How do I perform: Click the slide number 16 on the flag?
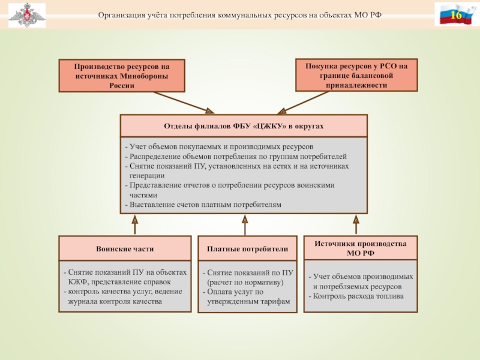(x=456, y=14)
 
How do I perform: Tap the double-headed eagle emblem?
(x=24, y=15)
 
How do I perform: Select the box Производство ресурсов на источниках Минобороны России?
(x=122, y=76)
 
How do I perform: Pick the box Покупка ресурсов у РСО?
(x=356, y=76)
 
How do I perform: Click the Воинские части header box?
(x=125, y=248)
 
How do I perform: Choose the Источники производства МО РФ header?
(x=361, y=248)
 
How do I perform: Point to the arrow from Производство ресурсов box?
(x=180, y=102)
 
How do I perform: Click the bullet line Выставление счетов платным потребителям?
(x=203, y=205)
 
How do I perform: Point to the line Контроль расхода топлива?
(x=356, y=296)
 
